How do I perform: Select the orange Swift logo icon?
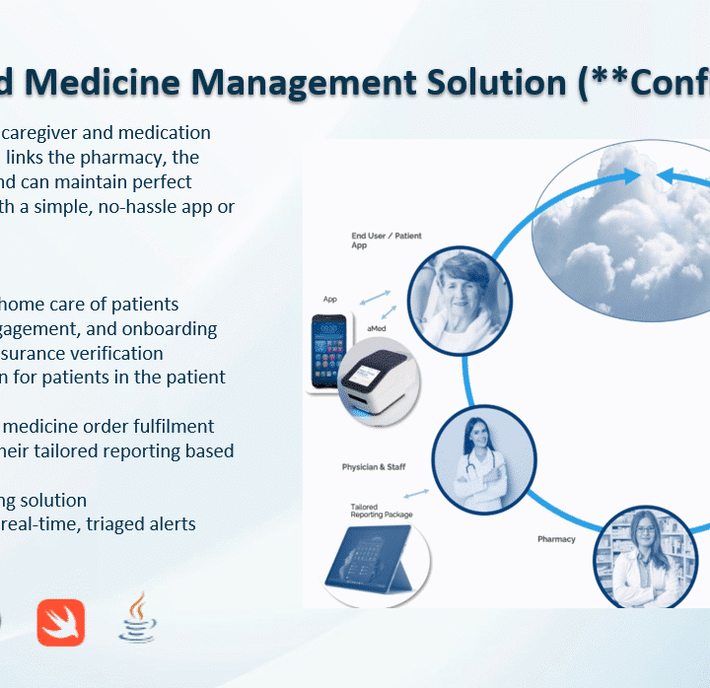coord(61,623)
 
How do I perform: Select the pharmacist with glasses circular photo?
coord(644,557)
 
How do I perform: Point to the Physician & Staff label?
coord(374,466)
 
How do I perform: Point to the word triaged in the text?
coord(105,523)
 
